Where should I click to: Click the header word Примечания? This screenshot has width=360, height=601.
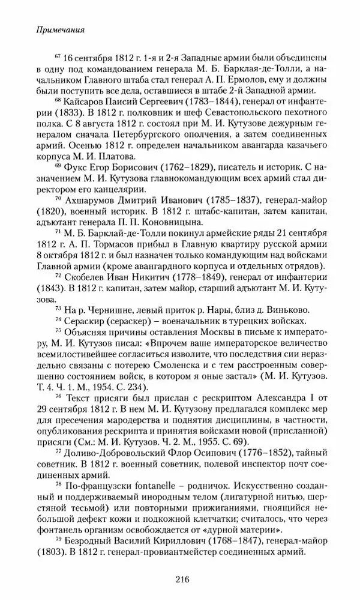(53, 28)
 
